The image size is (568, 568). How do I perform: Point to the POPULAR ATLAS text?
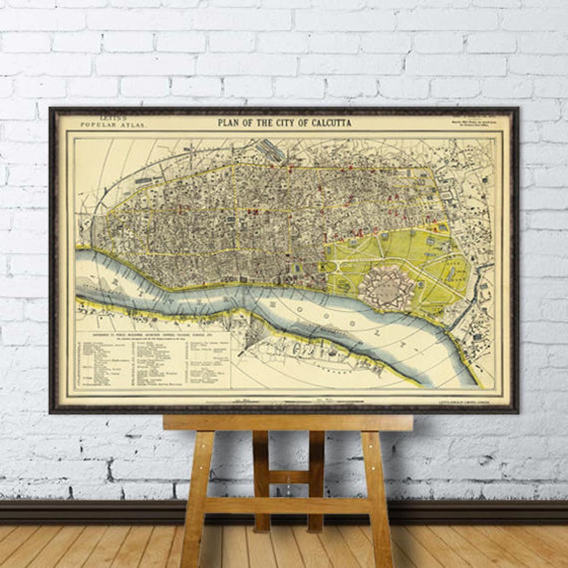(x=113, y=125)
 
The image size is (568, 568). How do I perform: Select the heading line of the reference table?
(x=153, y=334)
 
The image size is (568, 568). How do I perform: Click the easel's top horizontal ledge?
(x=288, y=423)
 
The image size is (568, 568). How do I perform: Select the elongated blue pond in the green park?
(x=451, y=273)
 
